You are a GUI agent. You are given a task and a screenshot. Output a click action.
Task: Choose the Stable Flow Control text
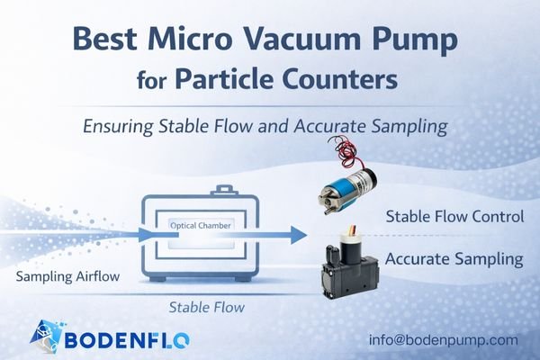coord(454,217)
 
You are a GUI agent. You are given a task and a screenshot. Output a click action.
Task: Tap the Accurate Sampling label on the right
coord(454,259)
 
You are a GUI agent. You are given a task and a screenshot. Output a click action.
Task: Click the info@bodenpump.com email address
coord(443,340)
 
